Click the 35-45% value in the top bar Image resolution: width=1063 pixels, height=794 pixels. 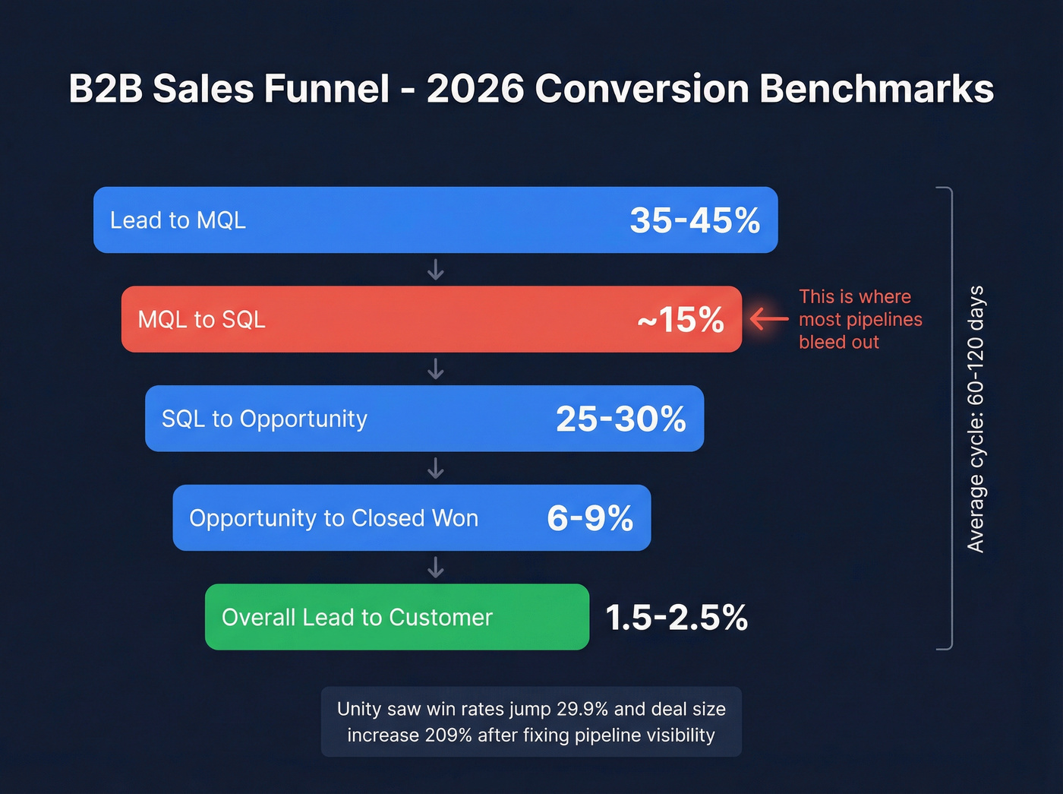695,220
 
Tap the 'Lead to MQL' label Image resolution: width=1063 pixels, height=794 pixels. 178,220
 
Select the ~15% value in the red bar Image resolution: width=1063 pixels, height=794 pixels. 681,320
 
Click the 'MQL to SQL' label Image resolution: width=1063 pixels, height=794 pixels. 201,320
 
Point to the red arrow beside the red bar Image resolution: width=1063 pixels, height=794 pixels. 769,318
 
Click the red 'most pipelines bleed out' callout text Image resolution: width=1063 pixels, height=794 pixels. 860,319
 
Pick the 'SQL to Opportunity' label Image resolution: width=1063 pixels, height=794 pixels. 264,419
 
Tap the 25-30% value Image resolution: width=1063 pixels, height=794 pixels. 621,419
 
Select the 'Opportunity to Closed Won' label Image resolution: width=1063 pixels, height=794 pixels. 333,518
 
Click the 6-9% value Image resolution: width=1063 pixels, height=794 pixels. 590,518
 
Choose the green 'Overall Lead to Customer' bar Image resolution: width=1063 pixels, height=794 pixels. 396,617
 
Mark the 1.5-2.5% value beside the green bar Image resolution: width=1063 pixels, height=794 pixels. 677,618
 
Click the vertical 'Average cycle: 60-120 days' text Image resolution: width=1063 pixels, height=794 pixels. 976,419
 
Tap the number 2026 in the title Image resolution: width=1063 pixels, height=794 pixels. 475,89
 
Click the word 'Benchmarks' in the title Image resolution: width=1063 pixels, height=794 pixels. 876,89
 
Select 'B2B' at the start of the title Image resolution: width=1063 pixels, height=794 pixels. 106,89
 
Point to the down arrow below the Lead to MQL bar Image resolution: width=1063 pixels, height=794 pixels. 436,270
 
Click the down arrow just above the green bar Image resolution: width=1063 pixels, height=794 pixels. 436,568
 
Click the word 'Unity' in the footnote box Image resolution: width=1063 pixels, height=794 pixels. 359,709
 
